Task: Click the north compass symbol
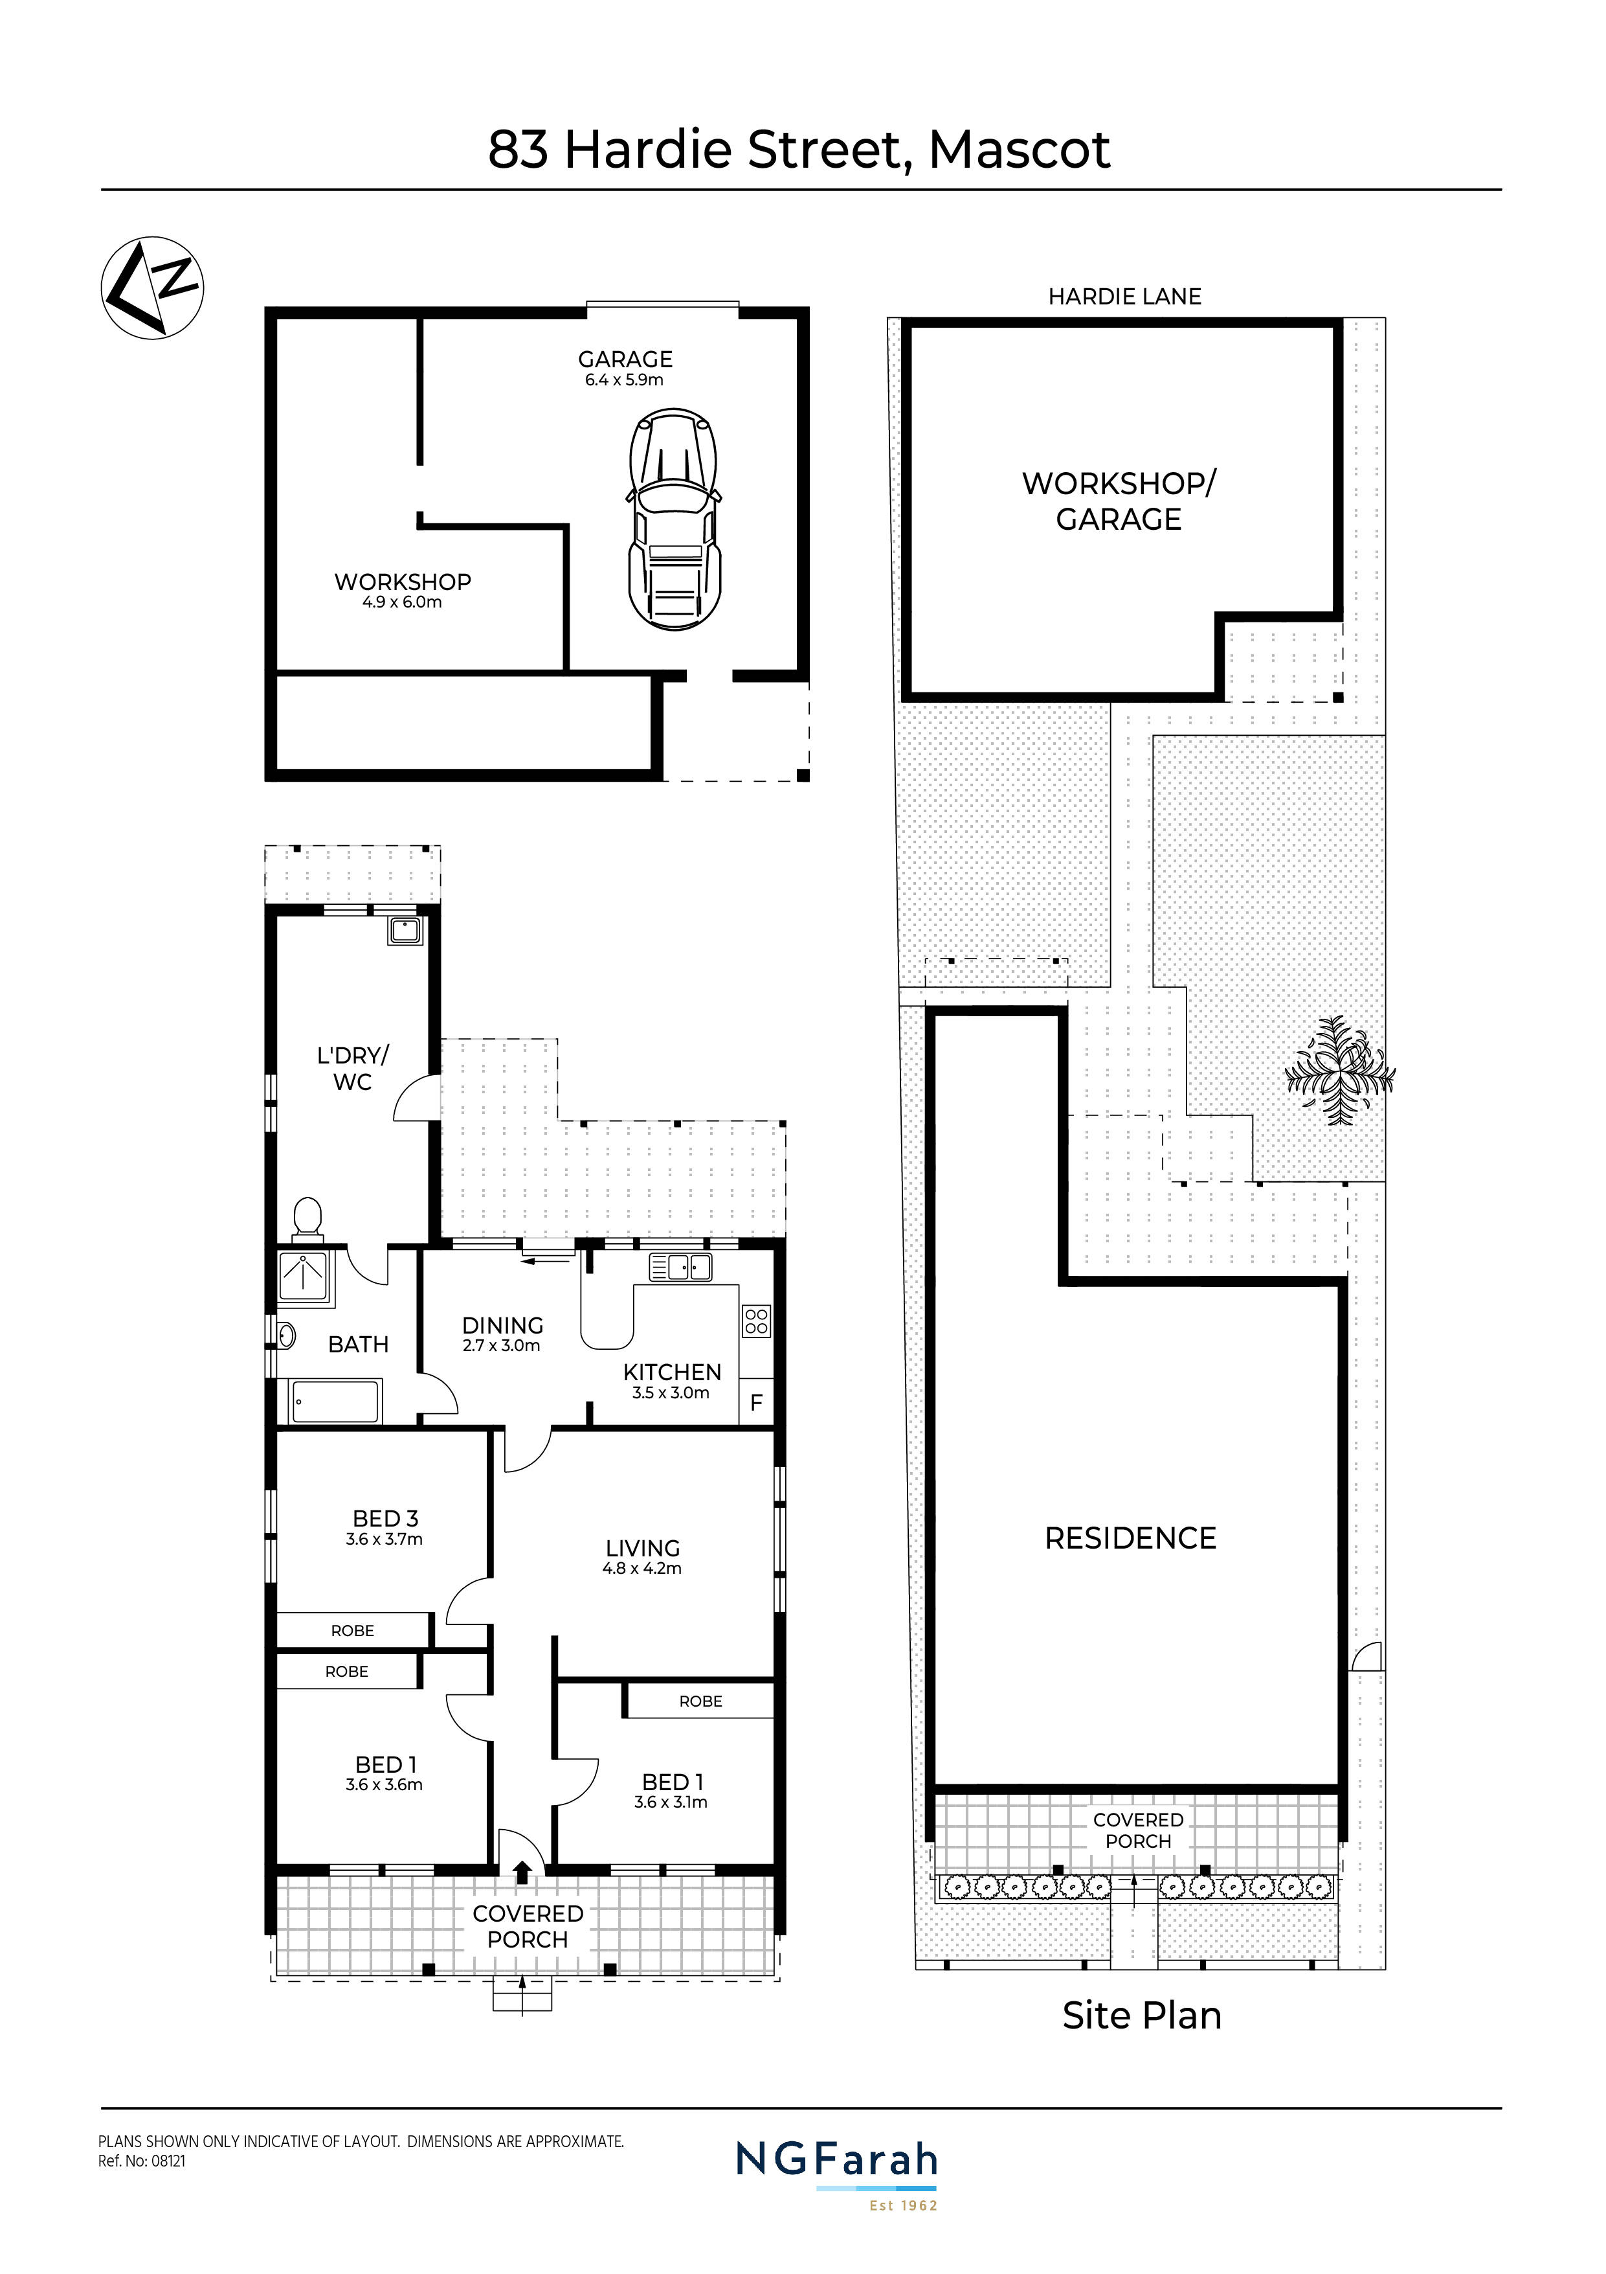click(153, 287)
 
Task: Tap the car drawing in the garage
click(675, 521)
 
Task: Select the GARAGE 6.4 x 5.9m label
click(625, 367)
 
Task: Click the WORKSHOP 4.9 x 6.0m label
click(402, 590)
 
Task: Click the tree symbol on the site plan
click(1339, 1071)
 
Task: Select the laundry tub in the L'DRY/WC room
click(406, 931)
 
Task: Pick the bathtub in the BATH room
click(335, 1402)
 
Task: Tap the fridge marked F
click(757, 1402)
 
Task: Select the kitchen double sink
click(680, 1267)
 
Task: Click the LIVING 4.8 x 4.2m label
click(643, 1556)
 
